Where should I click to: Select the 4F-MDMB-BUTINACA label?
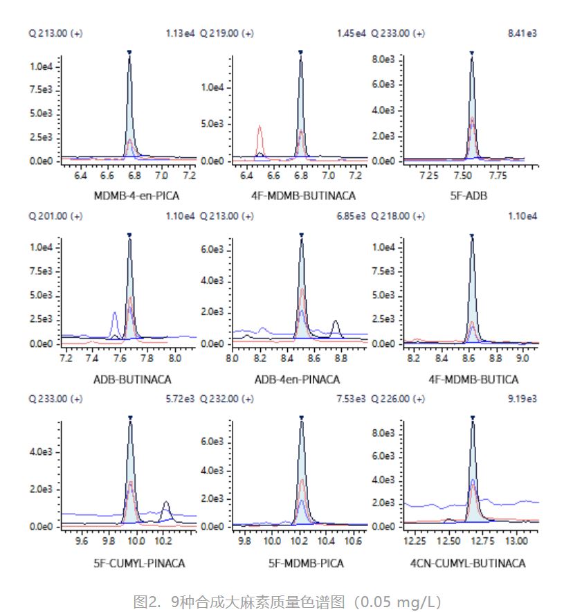coord(303,196)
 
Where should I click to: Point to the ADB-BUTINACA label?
coord(131,379)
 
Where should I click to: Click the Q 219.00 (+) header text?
coord(226,33)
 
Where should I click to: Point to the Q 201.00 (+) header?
coord(55,216)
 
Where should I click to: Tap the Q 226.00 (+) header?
coord(399,399)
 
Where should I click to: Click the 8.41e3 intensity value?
coord(525,33)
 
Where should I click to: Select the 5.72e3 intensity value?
coord(181,399)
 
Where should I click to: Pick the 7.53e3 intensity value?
coord(352,399)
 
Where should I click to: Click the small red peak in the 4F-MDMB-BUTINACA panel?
coord(260,129)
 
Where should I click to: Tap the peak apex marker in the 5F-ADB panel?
coord(472,53)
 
